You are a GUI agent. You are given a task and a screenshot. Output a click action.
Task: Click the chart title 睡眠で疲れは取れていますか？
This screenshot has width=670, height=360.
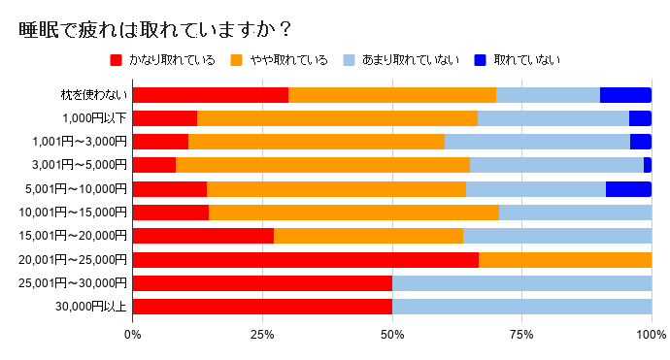tap(155, 30)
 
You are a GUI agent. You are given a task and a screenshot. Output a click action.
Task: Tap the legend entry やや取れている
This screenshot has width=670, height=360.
tap(292, 60)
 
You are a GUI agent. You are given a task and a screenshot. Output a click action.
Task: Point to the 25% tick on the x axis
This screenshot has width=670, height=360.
tap(262, 335)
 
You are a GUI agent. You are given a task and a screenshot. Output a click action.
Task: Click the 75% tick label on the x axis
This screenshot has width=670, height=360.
tap(521, 335)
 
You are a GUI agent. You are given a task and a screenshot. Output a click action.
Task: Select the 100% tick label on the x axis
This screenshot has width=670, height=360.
tap(651, 335)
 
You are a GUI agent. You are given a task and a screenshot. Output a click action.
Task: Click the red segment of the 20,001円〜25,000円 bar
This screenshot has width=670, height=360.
tap(305, 259)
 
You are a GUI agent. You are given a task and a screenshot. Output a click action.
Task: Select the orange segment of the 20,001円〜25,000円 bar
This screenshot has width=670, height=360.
tap(565, 259)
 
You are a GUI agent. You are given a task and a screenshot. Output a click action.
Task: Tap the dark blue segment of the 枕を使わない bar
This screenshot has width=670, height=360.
tap(625, 95)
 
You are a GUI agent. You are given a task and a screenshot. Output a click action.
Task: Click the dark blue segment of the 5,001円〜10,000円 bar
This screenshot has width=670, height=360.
tap(628, 188)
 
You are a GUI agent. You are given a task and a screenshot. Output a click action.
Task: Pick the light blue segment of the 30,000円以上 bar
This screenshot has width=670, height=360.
tap(521, 307)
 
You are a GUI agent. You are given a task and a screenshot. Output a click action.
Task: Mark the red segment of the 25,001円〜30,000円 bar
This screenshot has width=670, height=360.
tap(262, 282)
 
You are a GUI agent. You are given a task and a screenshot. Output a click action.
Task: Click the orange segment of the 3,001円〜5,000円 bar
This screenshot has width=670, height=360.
tap(322, 165)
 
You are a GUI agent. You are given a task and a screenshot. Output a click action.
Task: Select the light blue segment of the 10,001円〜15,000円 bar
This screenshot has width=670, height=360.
tap(575, 212)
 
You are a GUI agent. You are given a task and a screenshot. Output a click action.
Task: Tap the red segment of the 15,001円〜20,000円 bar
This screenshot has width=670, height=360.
tap(203, 236)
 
